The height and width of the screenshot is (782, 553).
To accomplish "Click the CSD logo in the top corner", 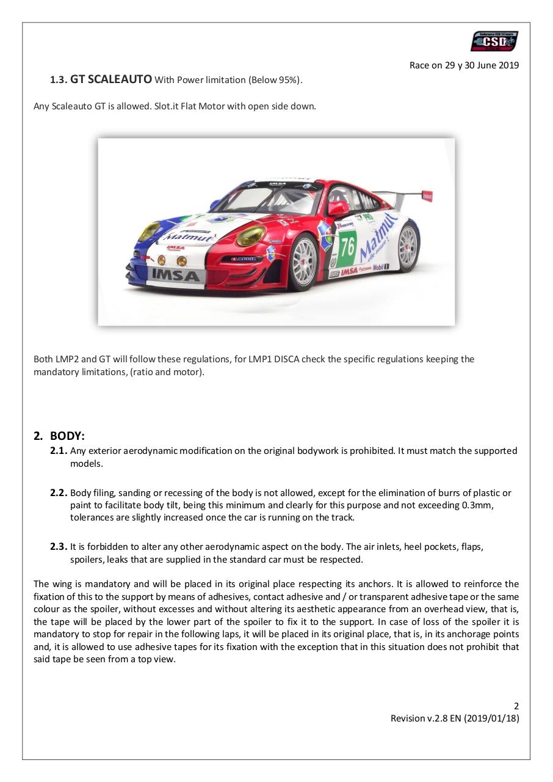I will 494,42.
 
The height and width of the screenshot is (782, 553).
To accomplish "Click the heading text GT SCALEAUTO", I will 111,79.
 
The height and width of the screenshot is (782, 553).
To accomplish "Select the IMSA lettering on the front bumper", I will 175,276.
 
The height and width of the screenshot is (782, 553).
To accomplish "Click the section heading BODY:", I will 67,436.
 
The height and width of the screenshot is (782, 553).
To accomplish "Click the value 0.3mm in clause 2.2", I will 476,505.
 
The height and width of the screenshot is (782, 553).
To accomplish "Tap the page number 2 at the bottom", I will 516,706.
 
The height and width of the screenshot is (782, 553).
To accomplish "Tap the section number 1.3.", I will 59,79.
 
